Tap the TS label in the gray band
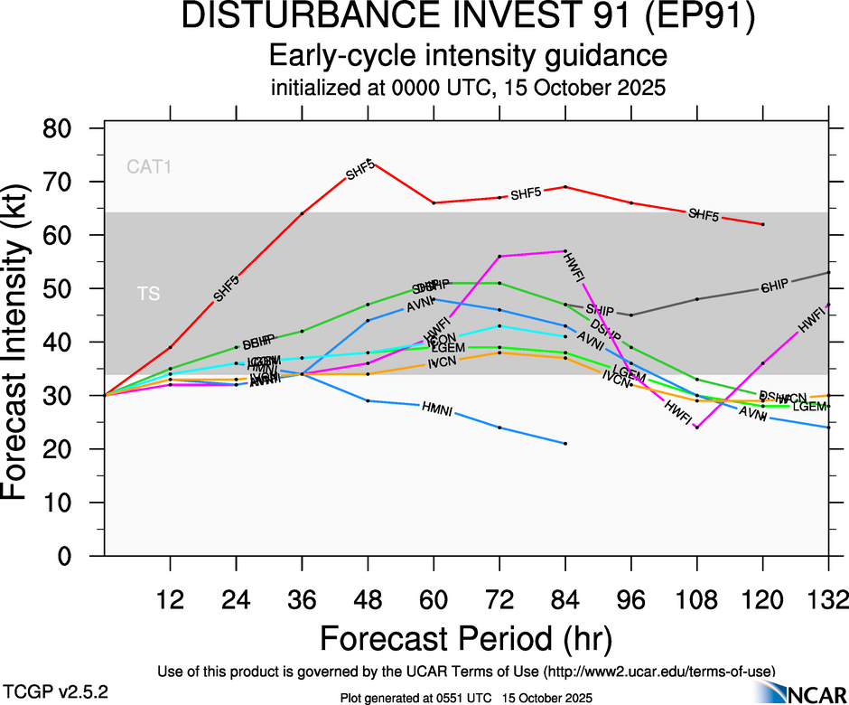pyautogui.click(x=147, y=295)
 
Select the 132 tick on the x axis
pyautogui.click(x=828, y=598)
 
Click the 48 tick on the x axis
pyautogui.click(x=368, y=598)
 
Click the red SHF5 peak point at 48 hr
pyautogui.click(x=369, y=161)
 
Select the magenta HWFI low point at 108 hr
pyautogui.click(x=697, y=427)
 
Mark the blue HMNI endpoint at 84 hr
pyautogui.click(x=565, y=444)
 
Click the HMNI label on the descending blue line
pyautogui.click(x=437, y=409)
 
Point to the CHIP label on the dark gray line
pyautogui.click(x=774, y=287)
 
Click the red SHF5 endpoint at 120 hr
pyautogui.click(x=763, y=224)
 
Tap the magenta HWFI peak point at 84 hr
pyautogui.click(x=565, y=251)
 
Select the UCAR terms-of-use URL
pyautogui.click(x=658, y=671)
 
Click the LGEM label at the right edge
pyautogui.click(x=809, y=407)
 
